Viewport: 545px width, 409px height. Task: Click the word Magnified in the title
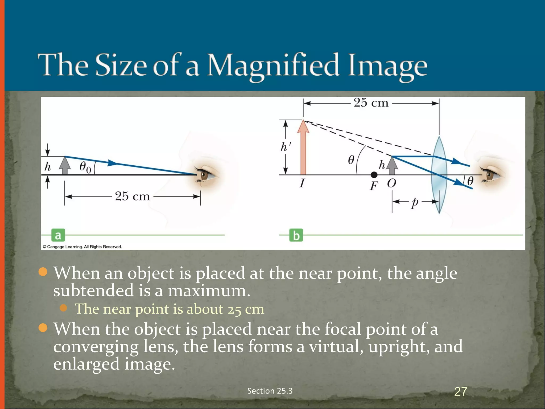[273, 66]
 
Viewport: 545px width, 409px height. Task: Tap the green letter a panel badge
[58, 235]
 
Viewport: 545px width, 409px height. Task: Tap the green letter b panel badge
[296, 235]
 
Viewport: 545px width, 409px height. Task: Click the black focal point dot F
[374, 175]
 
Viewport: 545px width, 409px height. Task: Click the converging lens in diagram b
[439, 174]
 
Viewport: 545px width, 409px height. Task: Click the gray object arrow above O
[392, 165]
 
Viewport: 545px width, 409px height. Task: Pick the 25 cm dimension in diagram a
[132, 197]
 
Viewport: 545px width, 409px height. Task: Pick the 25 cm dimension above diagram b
[371, 103]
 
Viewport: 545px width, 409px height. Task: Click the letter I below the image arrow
[302, 183]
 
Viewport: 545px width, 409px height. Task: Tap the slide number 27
[461, 391]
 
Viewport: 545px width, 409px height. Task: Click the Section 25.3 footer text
[270, 391]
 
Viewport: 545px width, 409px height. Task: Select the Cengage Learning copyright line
[82, 247]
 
